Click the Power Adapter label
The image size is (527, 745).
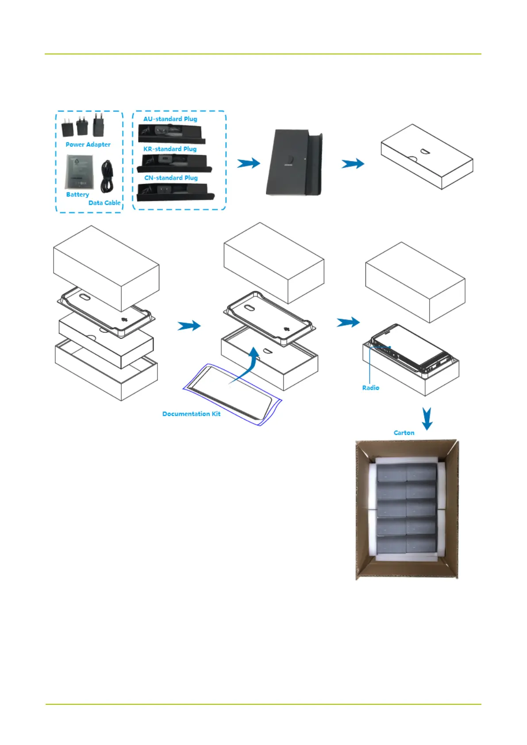coord(88,144)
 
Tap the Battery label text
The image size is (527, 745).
coord(77,194)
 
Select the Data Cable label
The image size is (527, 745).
coord(104,203)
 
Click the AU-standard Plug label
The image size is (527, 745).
coord(170,119)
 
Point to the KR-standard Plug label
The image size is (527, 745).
coord(170,149)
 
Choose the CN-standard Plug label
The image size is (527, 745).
coord(171,177)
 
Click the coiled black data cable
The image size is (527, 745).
coord(107,176)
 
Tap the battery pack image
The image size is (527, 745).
coord(80,173)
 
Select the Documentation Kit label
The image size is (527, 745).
coord(191,414)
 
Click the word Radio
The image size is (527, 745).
coord(370,388)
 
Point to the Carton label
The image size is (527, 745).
coord(404,433)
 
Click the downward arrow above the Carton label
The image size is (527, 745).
coord(427,419)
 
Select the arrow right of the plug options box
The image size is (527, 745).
coord(248,163)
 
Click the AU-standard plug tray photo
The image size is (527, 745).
coord(171,133)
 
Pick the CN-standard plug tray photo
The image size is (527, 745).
coord(175,192)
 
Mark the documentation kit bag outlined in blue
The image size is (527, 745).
coord(232,394)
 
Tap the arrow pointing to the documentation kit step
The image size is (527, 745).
coord(189,326)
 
